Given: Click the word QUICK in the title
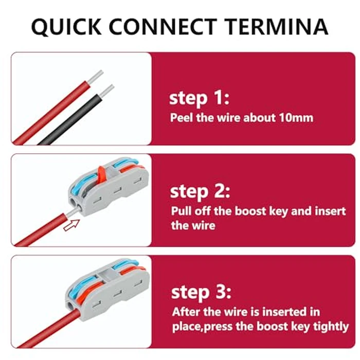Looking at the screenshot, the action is [66, 27].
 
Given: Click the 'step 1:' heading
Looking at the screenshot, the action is [199, 98].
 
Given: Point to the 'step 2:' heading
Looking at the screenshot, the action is [200, 192].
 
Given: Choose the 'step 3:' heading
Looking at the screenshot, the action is [201, 292].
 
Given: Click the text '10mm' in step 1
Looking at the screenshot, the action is [296, 118].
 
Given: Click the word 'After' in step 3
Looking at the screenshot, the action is [186, 312].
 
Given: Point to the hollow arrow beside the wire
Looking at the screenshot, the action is [71, 225].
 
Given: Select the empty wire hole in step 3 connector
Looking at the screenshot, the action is [70, 305].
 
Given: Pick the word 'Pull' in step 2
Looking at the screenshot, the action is [181, 211].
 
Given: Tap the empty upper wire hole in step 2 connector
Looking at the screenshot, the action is [74, 202].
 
